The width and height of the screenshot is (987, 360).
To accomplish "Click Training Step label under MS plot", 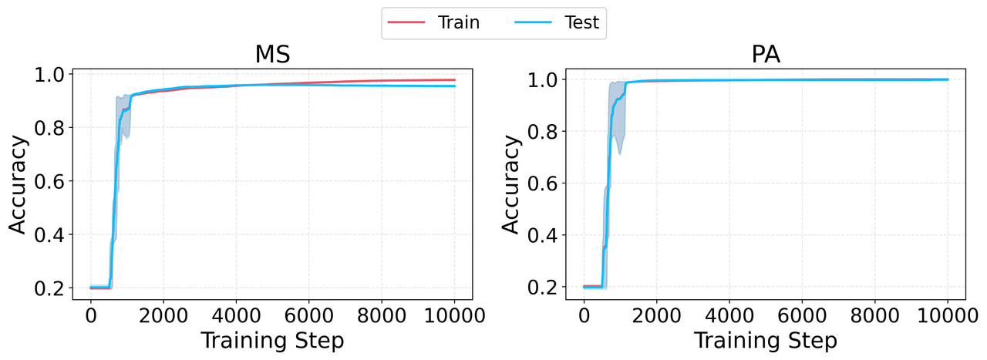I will [x=273, y=340].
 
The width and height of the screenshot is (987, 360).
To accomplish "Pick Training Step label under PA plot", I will [x=766, y=340].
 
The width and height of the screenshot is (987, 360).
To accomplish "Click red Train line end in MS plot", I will [x=454, y=79].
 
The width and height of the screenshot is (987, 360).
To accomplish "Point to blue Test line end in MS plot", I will [x=454, y=86].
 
